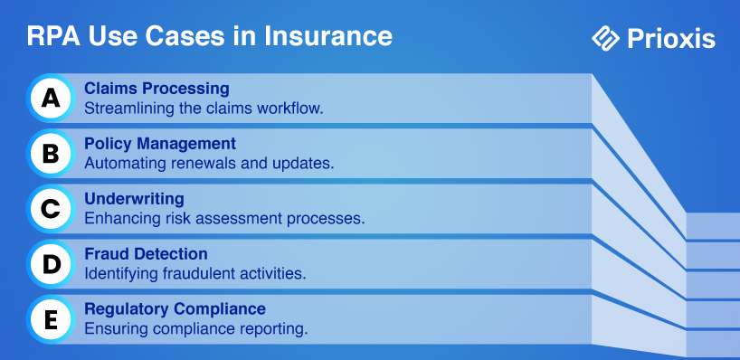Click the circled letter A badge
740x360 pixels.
(x=51, y=98)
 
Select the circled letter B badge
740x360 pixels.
(x=51, y=154)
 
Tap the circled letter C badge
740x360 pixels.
(x=51, y=209)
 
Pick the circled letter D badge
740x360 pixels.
(x=51, y=264)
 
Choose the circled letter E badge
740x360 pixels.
(x=51, y=320)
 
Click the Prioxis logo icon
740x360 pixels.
(x=605, y=38)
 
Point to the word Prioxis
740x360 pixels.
(x=671, y=39)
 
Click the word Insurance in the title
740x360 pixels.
(x=328, y=36)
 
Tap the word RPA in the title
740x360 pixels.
(x=54, y=36)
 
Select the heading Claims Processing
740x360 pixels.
(x=157, y=89)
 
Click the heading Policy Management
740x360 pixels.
(x=160, y=144)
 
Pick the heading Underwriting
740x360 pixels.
(x=134, y=199)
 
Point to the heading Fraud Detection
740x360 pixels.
(x=146, y=254)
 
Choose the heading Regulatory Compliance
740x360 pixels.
(x=175, y=309)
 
